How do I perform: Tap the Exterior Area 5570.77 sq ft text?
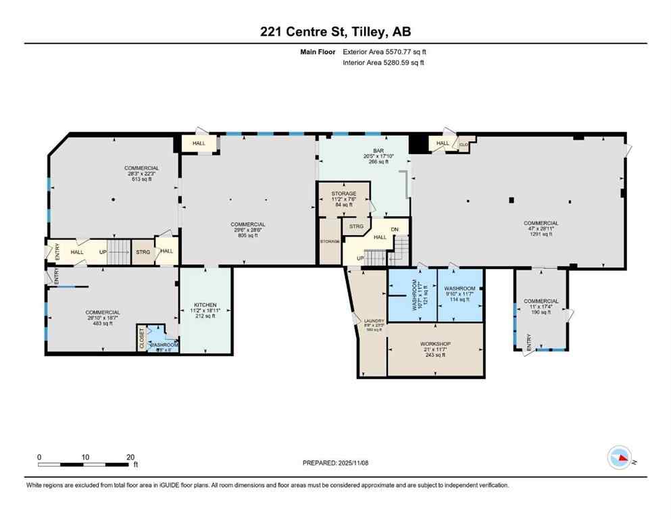(384, 51)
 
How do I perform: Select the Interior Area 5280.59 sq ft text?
(384, 63)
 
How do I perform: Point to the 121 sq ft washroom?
(414, 295)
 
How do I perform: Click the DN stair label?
(395, 230)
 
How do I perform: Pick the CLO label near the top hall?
(464, 144)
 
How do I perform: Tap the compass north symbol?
(620, 458)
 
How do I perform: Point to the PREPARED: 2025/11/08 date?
(335, 463)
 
